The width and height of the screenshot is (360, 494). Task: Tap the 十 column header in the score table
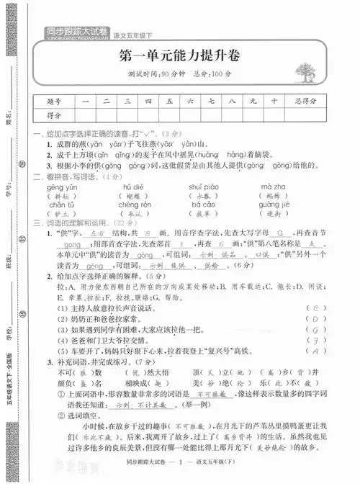pyautogui.click(x=274, y=102)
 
